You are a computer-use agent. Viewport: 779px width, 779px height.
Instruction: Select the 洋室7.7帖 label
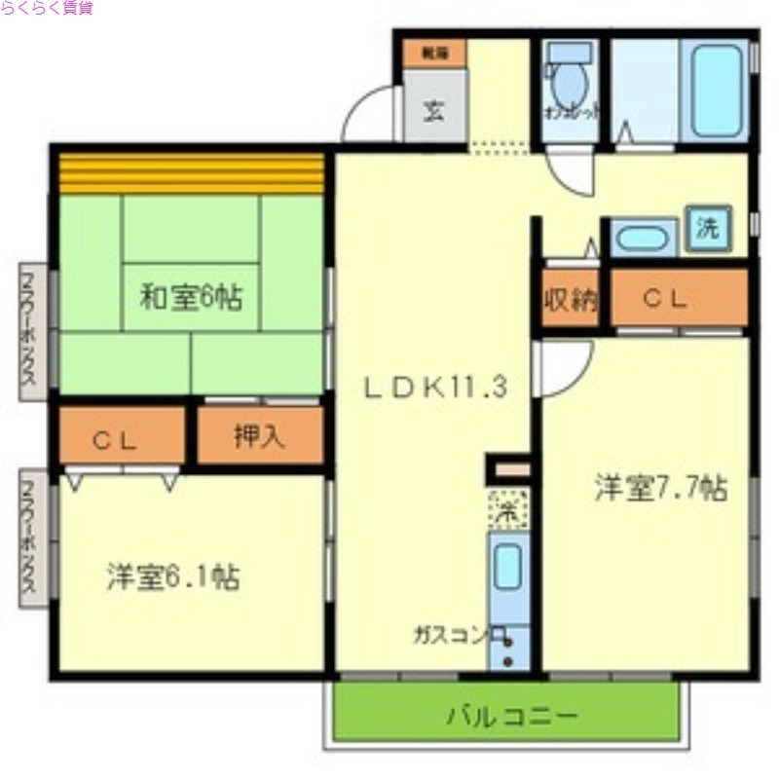(661, 487)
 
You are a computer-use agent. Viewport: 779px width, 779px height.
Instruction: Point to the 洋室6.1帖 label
(172, 576)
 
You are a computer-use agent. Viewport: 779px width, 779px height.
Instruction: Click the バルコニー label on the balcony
(512, 718)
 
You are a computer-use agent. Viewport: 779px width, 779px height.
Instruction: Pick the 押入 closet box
(259, 435)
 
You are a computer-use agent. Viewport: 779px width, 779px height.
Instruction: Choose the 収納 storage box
(570, 299)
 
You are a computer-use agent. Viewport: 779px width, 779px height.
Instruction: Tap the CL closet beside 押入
(122, 437)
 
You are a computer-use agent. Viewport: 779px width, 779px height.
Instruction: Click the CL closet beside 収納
(666, 299)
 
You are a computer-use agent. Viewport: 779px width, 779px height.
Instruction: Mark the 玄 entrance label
(434, 109)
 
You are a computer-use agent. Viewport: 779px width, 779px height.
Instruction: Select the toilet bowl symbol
(567, 86)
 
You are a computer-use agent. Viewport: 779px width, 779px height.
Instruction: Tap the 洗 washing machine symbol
(707, 230)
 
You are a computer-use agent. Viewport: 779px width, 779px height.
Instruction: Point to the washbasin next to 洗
(642, 238)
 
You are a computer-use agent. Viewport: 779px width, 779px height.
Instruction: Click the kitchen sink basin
(507, 568)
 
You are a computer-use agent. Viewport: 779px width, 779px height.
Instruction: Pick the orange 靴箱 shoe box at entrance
(434, 54)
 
